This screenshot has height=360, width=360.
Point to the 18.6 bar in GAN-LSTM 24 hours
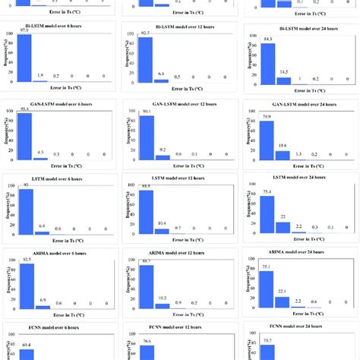(283, 155)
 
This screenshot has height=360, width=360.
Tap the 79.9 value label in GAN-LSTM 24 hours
(268, 117)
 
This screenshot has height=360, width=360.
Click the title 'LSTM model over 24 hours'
(298, 178)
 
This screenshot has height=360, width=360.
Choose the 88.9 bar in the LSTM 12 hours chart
(144, 212)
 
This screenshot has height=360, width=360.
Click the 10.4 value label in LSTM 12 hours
(162, 223)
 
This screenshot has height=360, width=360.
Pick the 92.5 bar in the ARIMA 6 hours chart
(24, 288)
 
